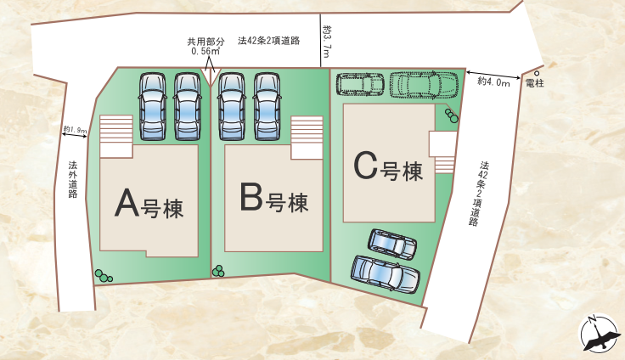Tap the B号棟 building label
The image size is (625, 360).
(x=273, y=201)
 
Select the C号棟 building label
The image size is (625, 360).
(x=388, y=167)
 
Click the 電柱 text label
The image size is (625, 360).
(x=535, y=83)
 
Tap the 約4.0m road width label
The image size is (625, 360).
(x=493, y=82)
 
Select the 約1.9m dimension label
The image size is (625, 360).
(x=76, y=131)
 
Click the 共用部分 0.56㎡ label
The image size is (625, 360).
(x=206, y=46)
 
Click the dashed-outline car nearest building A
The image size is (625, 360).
(x=362, y=84)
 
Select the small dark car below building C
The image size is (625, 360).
(x=392, y=243)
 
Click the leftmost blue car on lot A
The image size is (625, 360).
(x=152, y=105)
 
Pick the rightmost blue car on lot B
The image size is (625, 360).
(x=267, y=105)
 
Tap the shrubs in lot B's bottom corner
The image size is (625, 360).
(x=218, y=271)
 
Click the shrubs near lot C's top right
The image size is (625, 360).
(x=451, y=115)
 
